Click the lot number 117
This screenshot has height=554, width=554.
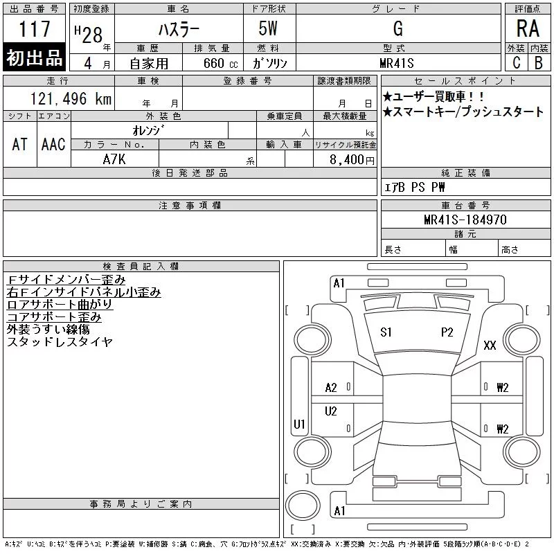35,28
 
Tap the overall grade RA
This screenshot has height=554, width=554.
528,28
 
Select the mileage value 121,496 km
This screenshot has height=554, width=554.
71,98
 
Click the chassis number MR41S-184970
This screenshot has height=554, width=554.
465,220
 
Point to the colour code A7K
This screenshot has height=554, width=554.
114,159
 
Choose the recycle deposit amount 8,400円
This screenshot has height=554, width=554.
352,160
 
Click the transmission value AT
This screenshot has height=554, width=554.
20,144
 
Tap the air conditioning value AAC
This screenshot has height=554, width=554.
53,144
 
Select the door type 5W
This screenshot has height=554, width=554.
268,28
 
